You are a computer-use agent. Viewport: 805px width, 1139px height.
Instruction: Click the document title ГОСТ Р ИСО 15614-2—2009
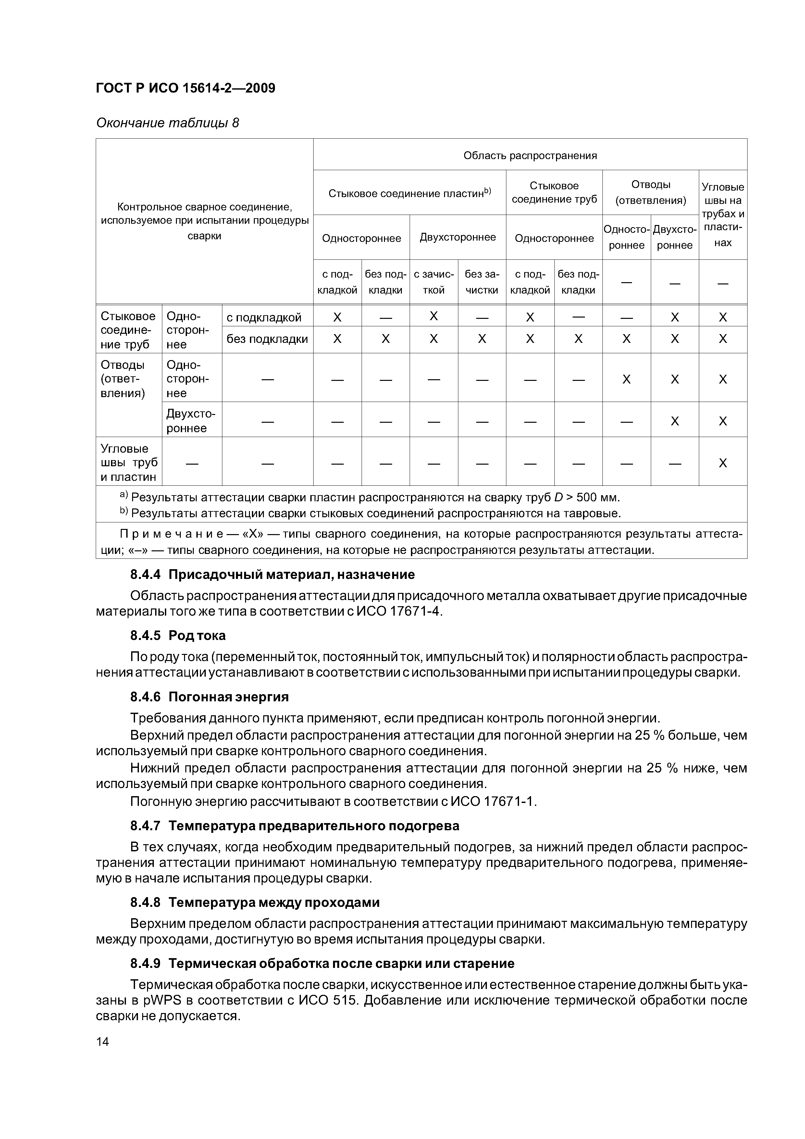[185, 88]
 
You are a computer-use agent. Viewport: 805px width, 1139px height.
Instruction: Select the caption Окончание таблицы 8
[167, 122]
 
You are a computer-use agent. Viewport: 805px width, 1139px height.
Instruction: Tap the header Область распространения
[530, 156]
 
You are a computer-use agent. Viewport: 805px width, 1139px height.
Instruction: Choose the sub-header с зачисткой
[434, 282]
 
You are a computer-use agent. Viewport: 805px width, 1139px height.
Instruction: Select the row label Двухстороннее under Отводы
[191, 421]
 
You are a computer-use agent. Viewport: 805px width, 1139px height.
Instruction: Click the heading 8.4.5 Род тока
[178, 635]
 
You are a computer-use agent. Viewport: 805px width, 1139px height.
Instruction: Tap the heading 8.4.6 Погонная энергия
[209, 697]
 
